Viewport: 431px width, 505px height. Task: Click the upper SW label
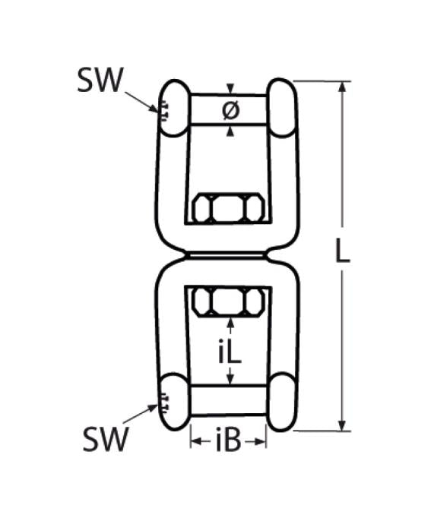pyautogui.click(x=100, y=80)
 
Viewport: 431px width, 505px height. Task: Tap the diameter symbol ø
pyautogui.click(x=230, y=110)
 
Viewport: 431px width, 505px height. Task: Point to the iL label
pyautogui.click(x=230, y=350)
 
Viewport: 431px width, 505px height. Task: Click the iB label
pyautogui.click(x=228, y=441)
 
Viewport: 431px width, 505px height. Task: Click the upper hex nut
pyautogui.click(x=228, y=208)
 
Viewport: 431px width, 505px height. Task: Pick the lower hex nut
pyautogui.click(x=228, y=301)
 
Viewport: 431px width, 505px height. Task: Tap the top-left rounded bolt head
pyautogui.click(x=174, y=108)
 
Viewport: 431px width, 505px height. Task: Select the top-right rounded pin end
pyautogui.click(x=281, y=107)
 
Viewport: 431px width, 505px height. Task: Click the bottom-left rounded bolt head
pyautogui.click(x=174, y=401)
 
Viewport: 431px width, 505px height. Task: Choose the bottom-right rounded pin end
pyautogui.click(x=281, y=401)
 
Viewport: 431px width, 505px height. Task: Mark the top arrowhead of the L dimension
pyautogui.click(x=343, y=86)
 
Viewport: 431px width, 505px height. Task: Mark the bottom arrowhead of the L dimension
pyautogui.click(x=343, y=425)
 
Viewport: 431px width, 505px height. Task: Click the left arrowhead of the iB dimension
pyautogui.click(x=194, y=441)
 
